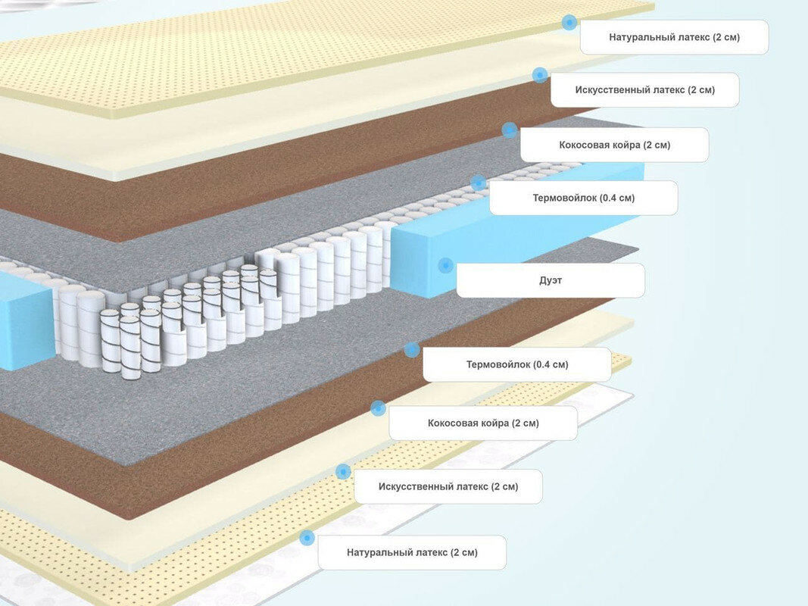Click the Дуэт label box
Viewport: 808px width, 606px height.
point(551,280)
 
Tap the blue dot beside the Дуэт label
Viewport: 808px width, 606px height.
point(445,265)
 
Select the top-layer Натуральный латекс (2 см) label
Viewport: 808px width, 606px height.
point(674,37)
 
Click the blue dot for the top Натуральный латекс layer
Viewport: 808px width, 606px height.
point(569,23)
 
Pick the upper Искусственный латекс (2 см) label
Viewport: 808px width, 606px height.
point(644,90)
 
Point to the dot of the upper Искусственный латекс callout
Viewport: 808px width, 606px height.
point(540,75)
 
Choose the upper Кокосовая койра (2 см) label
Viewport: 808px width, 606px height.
point(614,145)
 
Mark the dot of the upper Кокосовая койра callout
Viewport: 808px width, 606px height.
point(510,130)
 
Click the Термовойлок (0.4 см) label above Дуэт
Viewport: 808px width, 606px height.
point(583,198)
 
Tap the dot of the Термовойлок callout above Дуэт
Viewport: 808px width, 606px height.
point(478,183)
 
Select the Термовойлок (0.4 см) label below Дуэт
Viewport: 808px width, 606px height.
point(516,364)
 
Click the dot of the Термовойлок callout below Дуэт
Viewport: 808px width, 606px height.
point(412,349)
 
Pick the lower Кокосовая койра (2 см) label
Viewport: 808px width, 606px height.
point(483,423)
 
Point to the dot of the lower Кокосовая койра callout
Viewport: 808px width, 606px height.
point(378,408)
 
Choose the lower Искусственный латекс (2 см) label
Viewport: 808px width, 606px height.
point(448,486)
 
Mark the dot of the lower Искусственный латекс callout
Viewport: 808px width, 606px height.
point(343,471)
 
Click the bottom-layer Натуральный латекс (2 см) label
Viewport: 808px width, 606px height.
point(412,552)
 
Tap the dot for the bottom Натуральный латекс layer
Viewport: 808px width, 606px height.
point(307,538)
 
